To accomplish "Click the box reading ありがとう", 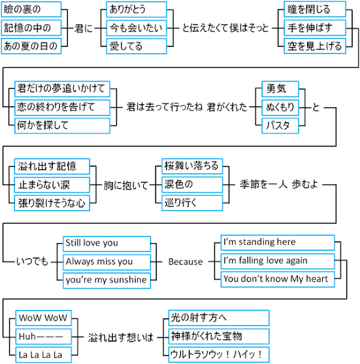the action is [x=137, y=10].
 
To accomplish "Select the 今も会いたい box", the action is [x=137, y=28].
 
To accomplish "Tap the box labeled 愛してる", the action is [x=137, y=46].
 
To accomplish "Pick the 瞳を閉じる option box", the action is [x=315, y=9].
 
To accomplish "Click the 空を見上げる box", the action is [x=315, y=46].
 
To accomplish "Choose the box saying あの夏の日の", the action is [x=31, y=46].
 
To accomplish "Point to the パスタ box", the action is [x=280, y=125].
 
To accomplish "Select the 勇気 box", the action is [x=280, y=89].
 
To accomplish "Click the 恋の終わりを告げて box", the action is [x=62, y=107].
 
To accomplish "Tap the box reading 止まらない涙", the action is [x=52, y=185].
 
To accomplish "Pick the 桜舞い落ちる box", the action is [x=192, y=166].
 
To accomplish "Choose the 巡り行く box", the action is [x=192, y=203].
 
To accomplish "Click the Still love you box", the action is [x=106, y=244].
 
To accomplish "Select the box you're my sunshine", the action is [x=106, y=280].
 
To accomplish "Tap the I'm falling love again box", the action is [x=278, y=261].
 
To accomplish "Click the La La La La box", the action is [x=43, y=355].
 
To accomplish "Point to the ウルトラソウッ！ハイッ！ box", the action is [x=219, y=354].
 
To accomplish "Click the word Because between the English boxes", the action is [x=186, y=262].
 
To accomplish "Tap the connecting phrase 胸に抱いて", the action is [x=125, y=186].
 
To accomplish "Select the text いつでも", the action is [x=32, y=262].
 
